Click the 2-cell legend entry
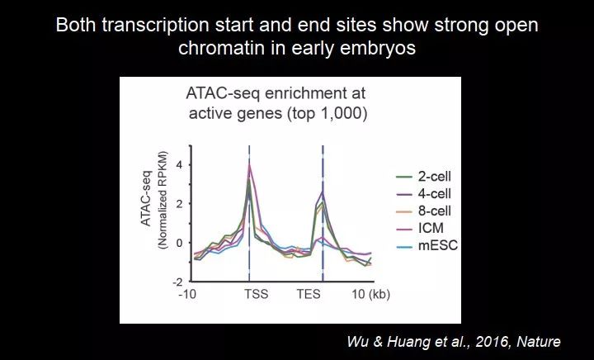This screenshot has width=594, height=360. point(423,176)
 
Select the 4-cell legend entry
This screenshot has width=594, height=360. point(423,194)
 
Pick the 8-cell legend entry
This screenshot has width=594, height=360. point(423,211)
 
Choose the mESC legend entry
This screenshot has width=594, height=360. point(427,245)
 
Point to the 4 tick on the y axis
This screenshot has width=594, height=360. point(179,165)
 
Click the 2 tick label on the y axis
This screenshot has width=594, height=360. point(179,204)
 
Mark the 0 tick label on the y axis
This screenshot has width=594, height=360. point(179,243)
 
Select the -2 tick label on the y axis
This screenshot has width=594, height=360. point(177,282)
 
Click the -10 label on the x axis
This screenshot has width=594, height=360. point(187,294)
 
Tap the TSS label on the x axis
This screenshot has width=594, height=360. point(256,294)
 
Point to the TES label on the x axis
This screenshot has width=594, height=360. point(309,294)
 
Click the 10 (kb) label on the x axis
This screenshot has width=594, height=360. point(371,294)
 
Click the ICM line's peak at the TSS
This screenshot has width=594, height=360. point(249,163)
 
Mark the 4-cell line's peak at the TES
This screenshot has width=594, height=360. point(323,192)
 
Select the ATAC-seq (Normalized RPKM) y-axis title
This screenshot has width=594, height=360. point(154,200)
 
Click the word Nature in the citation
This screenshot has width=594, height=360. point(538,342)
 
